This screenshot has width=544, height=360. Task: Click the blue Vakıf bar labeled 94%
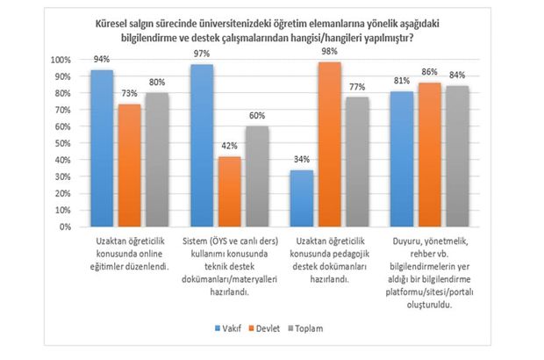(103, 148)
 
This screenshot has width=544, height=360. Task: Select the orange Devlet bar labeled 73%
(128, 166)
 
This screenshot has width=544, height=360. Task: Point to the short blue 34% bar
(303, 198)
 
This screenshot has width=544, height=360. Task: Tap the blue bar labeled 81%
(403, 159)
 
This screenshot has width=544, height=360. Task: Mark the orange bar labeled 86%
(428, 155)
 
